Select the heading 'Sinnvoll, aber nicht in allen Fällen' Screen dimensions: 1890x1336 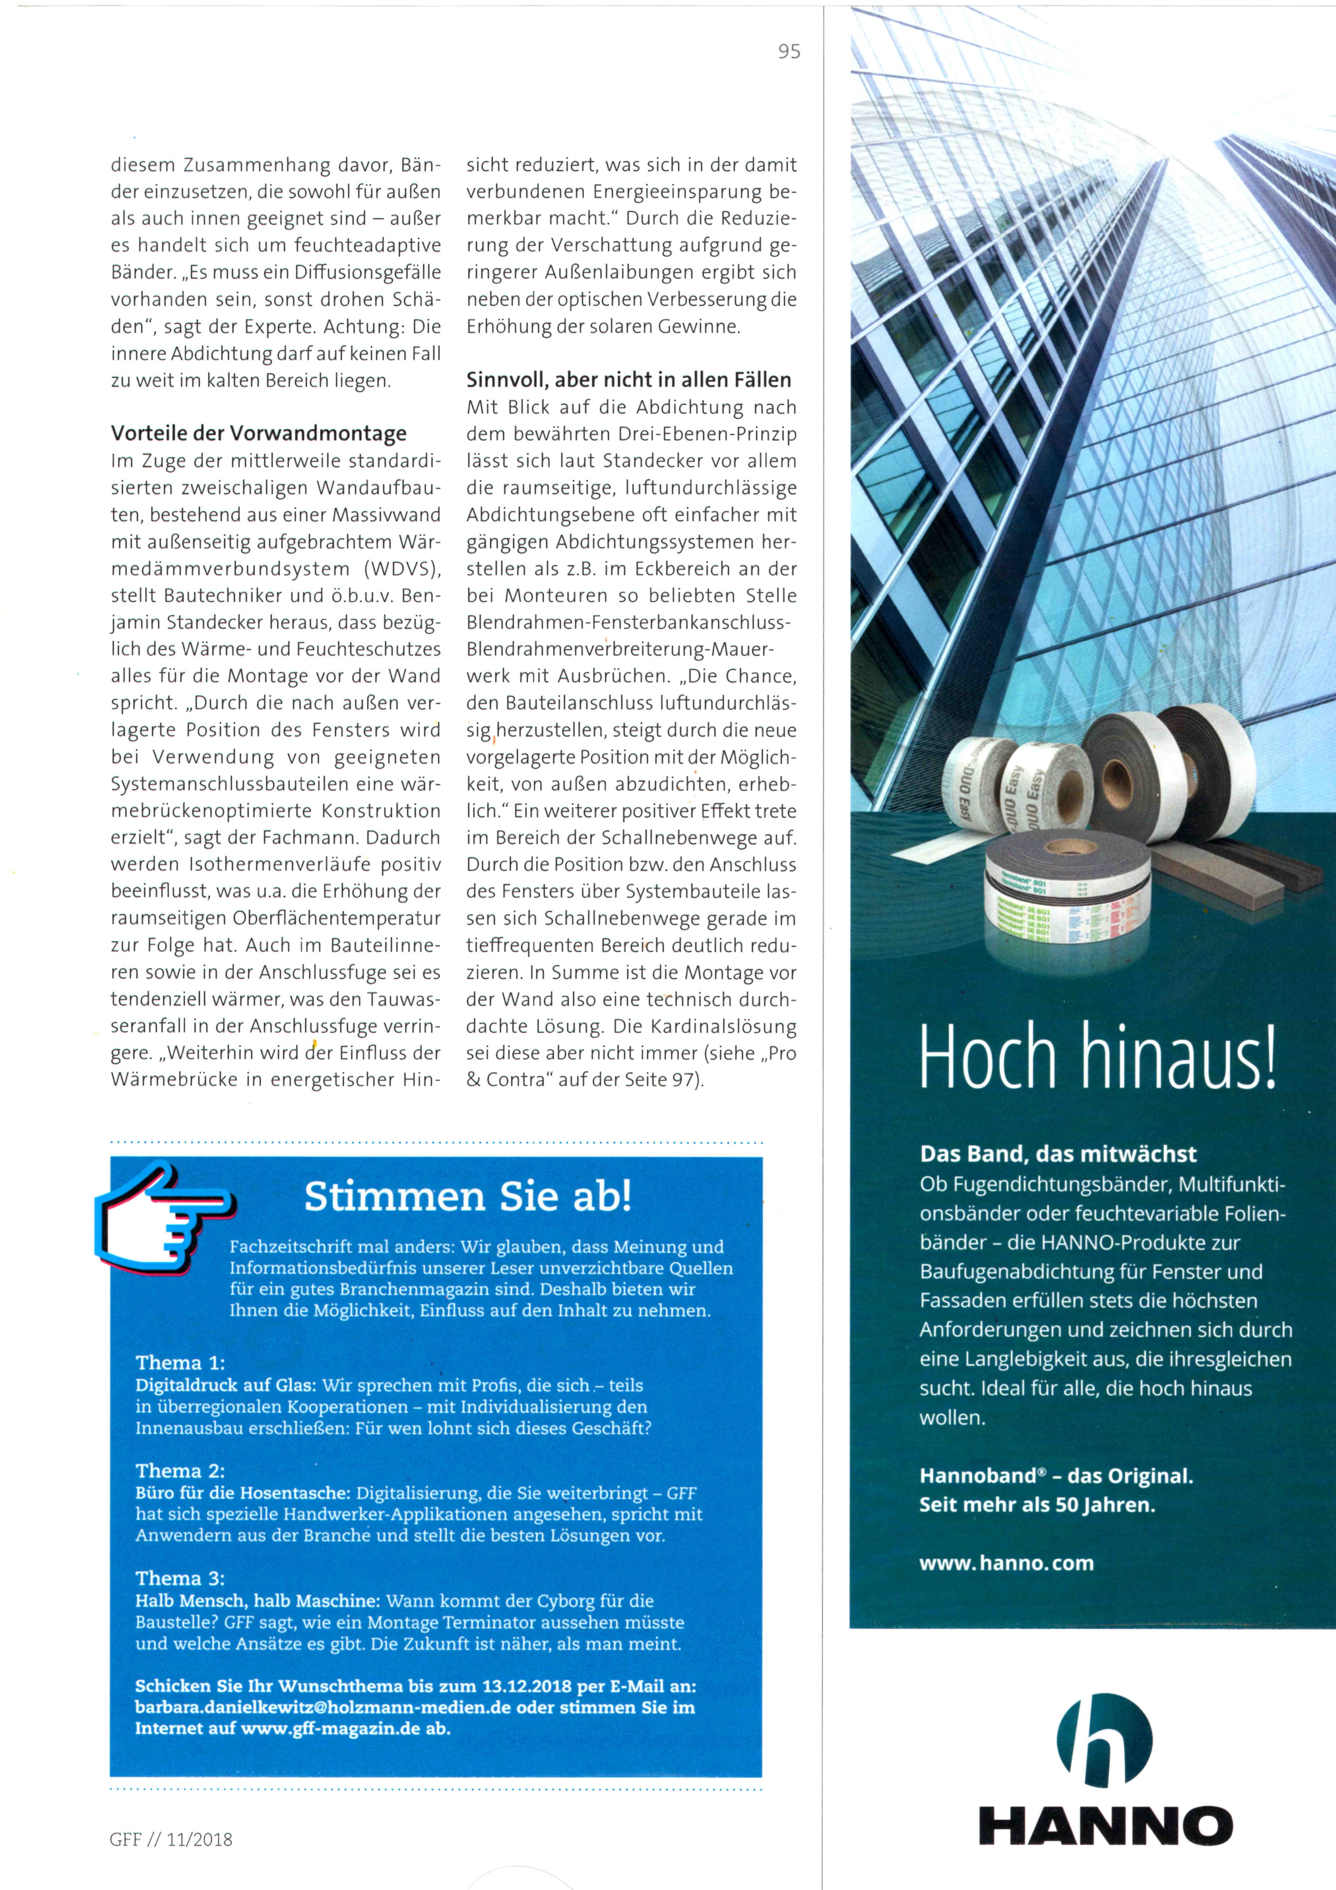point(628,379)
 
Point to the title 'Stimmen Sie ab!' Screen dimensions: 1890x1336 point(468,1196)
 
